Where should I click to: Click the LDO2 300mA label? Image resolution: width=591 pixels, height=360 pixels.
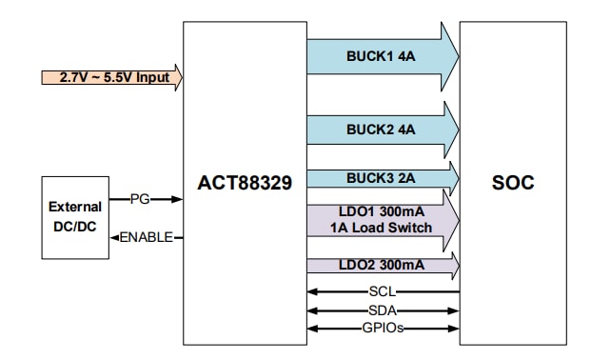tap(381, 264)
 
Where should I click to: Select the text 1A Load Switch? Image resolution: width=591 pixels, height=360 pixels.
tap(381, 227)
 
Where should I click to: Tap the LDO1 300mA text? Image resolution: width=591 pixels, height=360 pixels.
tap(381, 210)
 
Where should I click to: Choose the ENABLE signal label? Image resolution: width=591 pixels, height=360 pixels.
tap(146, 237)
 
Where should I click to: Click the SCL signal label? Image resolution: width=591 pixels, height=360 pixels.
tap(383, 292)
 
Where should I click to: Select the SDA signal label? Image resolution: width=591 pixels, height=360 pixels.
tap(383, 310)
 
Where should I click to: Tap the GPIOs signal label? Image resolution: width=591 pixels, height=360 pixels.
tap(383, 329)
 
